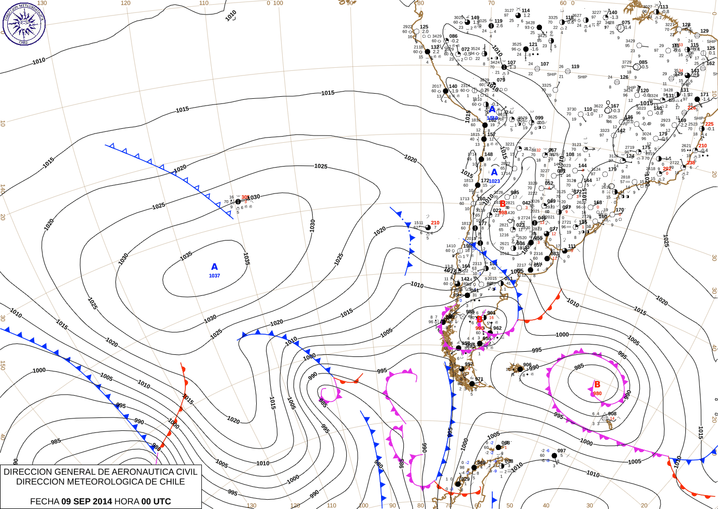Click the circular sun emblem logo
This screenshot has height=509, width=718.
[24, 23]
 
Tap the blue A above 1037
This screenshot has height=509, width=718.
[214, 267]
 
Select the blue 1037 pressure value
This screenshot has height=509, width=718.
[214, 276]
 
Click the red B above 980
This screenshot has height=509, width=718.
[597, 384]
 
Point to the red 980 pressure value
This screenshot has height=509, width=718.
[597, 394]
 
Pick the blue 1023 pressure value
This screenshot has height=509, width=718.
[494, 181]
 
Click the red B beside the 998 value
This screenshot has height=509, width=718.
[502, 204]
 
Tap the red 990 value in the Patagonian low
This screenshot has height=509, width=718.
[479, 328]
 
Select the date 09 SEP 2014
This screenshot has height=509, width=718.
[86, 501]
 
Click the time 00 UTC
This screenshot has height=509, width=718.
[156, 501]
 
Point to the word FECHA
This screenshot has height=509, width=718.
[45, 501]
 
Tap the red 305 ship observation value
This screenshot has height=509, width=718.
[245, 197]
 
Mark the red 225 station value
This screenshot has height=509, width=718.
[709, 124]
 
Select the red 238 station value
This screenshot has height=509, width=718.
[691, 163]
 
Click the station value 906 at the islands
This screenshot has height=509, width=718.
[527, 365]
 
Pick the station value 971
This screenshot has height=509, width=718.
[479, 379]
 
